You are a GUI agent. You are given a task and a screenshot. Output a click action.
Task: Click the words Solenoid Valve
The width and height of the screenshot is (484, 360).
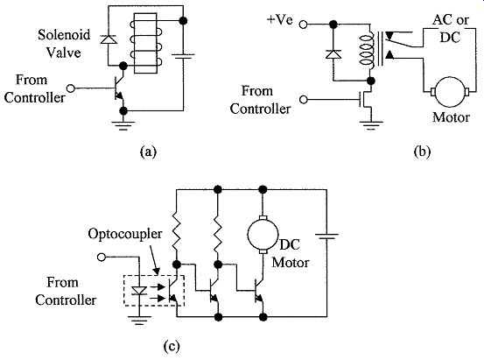click(x=64, y=44)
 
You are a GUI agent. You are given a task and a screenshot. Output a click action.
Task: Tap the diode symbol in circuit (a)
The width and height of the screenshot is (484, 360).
click(x=109, y=39)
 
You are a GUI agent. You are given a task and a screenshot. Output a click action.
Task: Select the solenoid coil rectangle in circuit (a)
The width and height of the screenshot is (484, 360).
click(x=145, y=43)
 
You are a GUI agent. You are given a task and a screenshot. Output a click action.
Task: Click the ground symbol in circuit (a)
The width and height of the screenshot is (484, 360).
click(x=123, y=125)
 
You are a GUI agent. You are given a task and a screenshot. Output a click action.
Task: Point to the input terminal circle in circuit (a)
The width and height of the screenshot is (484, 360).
click(x=71, y=88)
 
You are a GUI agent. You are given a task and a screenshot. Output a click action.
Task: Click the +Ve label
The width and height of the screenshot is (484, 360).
click(x=280, y=20)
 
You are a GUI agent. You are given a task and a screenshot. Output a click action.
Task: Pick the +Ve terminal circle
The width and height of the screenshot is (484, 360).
click(x=304, y=25)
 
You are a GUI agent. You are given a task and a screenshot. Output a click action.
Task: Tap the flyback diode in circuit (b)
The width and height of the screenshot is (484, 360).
click(x=333, y=54)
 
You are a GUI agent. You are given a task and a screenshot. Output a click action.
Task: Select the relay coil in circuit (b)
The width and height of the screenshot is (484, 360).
click(x=367, y=51)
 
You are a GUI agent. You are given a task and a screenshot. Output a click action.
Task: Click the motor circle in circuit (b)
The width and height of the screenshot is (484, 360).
click(x=450, y=91)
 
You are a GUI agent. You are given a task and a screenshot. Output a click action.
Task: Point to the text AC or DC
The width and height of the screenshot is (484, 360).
click(x=451, y=28)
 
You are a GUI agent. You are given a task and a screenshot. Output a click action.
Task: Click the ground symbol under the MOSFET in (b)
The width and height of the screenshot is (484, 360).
click(x=371, y=125)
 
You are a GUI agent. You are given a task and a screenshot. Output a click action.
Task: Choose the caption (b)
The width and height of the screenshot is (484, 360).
click(x=422, y=152)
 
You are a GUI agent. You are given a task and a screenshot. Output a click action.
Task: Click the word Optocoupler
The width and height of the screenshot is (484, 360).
click(x=124, y=234)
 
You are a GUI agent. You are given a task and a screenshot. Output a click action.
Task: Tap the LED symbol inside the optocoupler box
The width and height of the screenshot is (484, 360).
click(x=139, y=291)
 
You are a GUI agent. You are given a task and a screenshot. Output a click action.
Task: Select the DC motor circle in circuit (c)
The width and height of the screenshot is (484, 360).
click(x=263, y=235)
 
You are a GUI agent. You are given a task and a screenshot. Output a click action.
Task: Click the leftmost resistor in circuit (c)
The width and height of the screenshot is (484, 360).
click(x=176, y=231)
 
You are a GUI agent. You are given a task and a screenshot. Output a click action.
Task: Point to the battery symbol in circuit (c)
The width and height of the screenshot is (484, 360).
click(x=326, y=236)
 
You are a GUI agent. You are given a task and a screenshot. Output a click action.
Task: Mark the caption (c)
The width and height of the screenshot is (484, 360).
click(x=171, y=346)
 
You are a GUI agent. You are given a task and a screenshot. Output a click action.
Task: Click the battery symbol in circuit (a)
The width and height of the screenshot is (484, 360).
click(x=183, y=57)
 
